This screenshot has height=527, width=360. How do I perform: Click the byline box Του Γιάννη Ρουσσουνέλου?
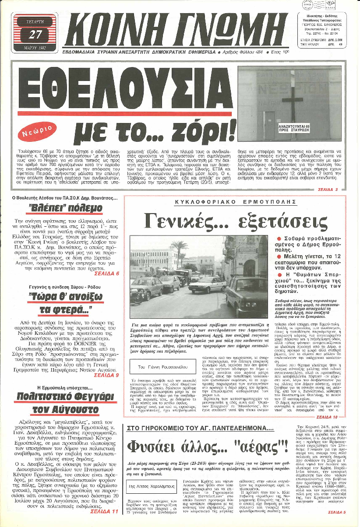tap(151, 365)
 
